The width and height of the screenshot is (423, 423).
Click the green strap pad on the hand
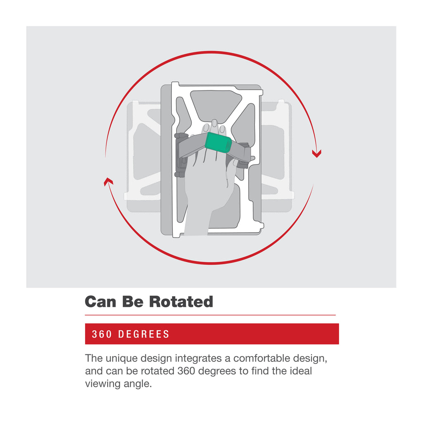tap(218, 143)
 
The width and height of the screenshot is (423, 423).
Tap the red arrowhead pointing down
tap(317, 154)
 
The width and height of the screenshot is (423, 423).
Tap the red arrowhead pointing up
tap(108, 181)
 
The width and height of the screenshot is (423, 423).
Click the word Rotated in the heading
tap(181, 302)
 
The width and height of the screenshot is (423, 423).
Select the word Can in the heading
tap(101, 302)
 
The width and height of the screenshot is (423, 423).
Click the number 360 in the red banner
tap(102, 334)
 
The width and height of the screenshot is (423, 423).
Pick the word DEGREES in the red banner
tap(144, 334)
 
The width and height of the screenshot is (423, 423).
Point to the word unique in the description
tap(122, 359)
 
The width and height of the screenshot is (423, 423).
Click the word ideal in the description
tap(301, 371)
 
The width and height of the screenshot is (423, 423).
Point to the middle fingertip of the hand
tap(214, 123)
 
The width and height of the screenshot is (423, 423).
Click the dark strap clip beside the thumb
tap(245, 156)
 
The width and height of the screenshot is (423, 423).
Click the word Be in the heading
tap(133, 302)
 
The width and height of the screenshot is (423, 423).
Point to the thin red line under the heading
tap(210, 315)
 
